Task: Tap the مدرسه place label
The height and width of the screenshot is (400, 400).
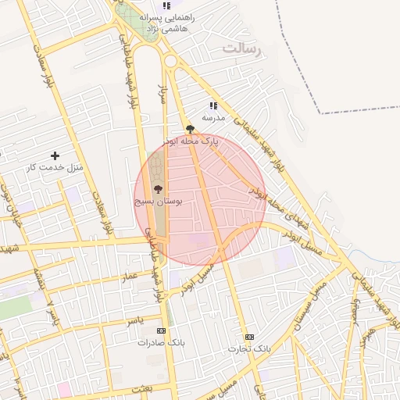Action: pyautogui.click(x=213, y=117)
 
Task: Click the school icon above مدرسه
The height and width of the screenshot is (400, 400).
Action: pyautogui.click(x=212, y=105)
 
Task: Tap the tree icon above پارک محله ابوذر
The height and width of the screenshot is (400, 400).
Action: pyautogui.click(x=190, y=129)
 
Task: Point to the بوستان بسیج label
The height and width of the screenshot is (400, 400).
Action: pyautogui.click(x=159, y=201)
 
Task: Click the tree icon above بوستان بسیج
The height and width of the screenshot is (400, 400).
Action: pyautogui.click(x=158, y=189)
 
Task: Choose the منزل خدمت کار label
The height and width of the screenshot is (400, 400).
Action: pyautogui.click(x=55, y=167)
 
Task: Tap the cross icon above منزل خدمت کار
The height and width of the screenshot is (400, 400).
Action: pyautogui.click(x=55, y=155)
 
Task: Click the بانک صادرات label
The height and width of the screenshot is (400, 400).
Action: pyautogui.click(x=159, y=342)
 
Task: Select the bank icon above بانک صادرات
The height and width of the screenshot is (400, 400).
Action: pyautogui.click(x=161, y=330)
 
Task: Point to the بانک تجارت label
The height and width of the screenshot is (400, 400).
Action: pyautogui.click(x=248, y=348)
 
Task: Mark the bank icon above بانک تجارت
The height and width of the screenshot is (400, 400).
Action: pyautogui.click(x=249, y=337)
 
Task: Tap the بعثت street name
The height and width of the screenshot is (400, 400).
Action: pyautogui.click(x=164, y=387)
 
